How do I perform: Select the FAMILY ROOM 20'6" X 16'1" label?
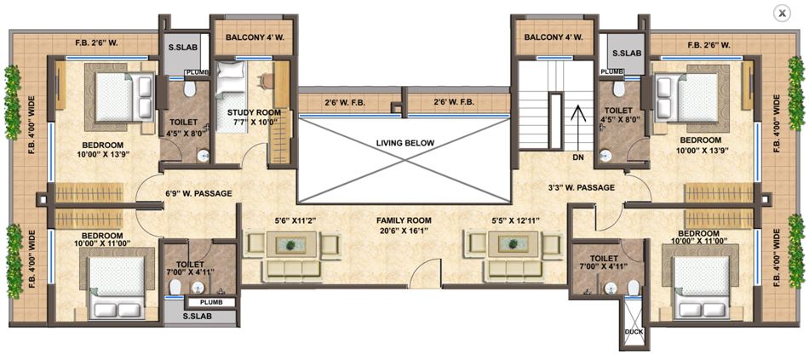tap(404, 225)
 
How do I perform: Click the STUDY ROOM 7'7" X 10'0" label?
tap(254, 117)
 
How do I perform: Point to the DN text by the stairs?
tap(577, 157)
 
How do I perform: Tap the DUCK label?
tap(634, 331)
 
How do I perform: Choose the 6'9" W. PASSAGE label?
tap(198, 194)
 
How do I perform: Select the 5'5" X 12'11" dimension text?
tap(510, 221)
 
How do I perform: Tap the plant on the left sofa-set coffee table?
tap(291, 245)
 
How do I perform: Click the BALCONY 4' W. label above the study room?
tap(254, 37)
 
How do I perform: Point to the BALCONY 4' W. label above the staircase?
tap(554, 37)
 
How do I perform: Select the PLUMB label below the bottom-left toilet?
tap(211, 302)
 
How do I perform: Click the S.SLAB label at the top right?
tap(625, 53)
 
